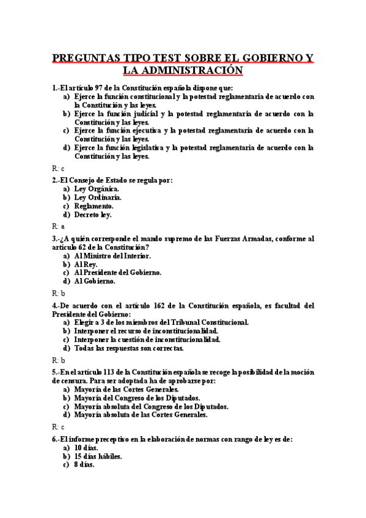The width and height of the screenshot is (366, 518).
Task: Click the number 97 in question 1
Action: (100, 88)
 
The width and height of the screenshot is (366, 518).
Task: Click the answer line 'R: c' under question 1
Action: (58, 168)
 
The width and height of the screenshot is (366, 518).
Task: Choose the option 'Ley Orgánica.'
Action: (97, 189)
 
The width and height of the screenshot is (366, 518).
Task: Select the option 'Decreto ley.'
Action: (93, 215)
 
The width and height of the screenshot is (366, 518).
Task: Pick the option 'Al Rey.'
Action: (86, 264)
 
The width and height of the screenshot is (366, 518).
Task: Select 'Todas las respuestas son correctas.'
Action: (128, 348)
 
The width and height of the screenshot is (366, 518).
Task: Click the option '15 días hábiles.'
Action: (98, 456)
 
